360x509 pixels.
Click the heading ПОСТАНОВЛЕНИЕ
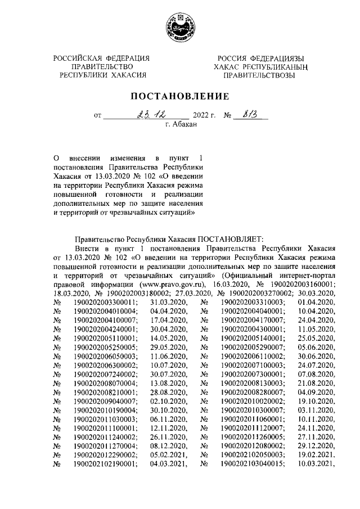point(180,96)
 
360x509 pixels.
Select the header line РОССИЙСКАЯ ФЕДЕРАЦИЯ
point(102,59)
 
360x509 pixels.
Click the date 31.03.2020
point(169,303)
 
